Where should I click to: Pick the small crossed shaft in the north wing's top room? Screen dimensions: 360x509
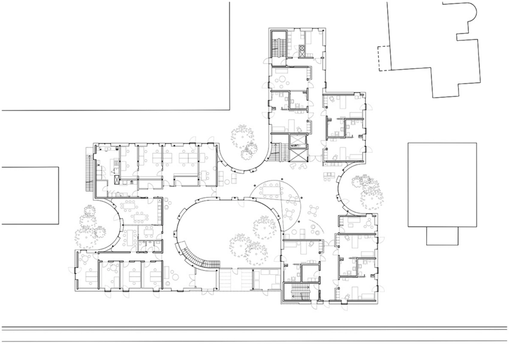tap(299, 50)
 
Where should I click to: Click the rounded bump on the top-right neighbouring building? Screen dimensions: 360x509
tap(467, 13)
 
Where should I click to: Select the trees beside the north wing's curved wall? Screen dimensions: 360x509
tap(246, 142)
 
